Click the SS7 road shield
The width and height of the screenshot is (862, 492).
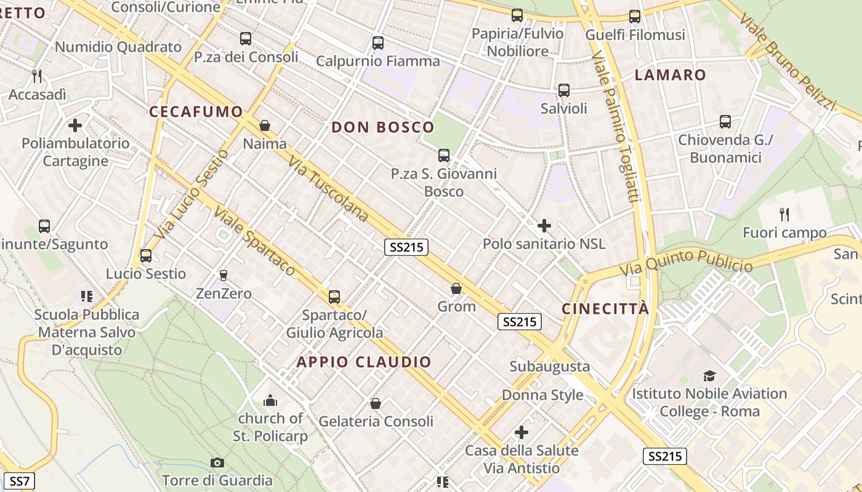(19, 481)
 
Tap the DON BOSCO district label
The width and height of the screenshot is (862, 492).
(383, 127)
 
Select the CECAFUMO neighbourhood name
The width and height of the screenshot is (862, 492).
(196, 111)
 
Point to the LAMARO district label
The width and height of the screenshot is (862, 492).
(671, 75)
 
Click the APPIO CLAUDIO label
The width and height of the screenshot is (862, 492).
(364, 362)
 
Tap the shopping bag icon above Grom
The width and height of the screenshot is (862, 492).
(456, 288)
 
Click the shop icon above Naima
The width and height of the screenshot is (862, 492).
(265, 126)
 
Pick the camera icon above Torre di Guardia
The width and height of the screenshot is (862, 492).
(217, 462)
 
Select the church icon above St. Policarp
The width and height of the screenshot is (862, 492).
(270, 401)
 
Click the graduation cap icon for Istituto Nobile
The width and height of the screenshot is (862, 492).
(709, 376)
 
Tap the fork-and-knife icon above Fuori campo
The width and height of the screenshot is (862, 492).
(784, 215)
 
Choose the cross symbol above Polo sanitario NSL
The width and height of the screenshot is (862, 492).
(544, 226)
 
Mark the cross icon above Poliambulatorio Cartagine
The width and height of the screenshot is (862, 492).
(75, 125)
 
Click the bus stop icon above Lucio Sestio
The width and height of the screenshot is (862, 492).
(146, 256)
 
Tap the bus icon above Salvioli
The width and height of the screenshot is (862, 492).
(563, 90)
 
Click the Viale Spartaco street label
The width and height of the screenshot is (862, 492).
(254, 240)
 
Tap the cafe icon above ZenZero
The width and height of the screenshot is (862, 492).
(224, 275)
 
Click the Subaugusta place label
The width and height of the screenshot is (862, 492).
(549, 367)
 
